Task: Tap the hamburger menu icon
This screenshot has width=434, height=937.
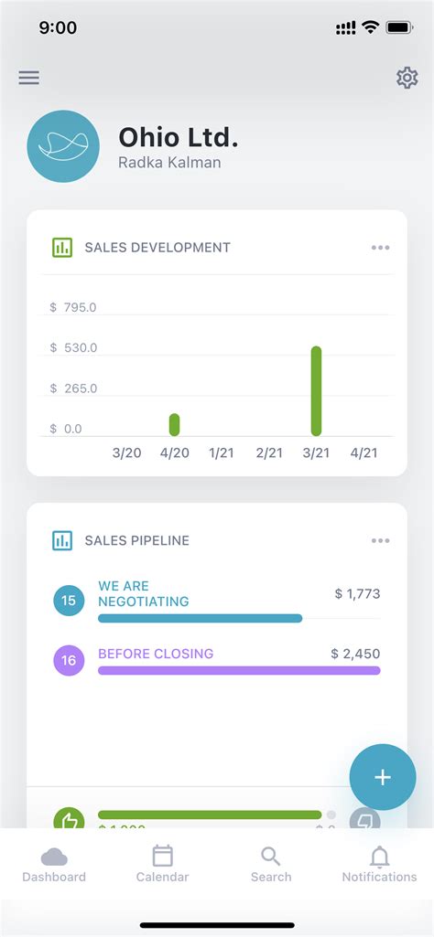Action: pos(29,78)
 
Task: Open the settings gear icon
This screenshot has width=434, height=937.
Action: pos(407,78)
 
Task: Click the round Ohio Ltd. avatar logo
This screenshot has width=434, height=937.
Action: pos(63,146)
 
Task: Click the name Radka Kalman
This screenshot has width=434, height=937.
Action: pos(169,163)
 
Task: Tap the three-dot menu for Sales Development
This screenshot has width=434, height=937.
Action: pos(380,248)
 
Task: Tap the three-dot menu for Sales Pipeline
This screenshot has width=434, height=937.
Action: pos(380,540)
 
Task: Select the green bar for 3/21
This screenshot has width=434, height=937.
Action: pos(316,390)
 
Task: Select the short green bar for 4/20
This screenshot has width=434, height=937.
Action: pos(174,424)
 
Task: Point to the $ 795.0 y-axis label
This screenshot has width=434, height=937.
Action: pos(73,307)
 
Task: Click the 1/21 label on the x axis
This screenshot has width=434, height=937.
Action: pos(221,453)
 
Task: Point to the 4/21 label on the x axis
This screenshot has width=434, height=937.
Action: pos(363,453)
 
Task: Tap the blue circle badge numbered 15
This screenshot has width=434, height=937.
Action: pos(69,601)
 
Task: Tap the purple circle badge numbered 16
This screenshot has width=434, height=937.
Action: pos(69,660)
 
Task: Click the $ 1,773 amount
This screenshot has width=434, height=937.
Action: pos(357,594)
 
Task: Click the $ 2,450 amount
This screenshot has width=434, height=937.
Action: pos(355,654)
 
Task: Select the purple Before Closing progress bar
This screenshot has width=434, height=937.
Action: pos(238,670)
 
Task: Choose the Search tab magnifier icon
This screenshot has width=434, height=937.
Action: pos(270,857)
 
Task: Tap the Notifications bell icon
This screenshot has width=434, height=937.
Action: pos(379,857)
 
